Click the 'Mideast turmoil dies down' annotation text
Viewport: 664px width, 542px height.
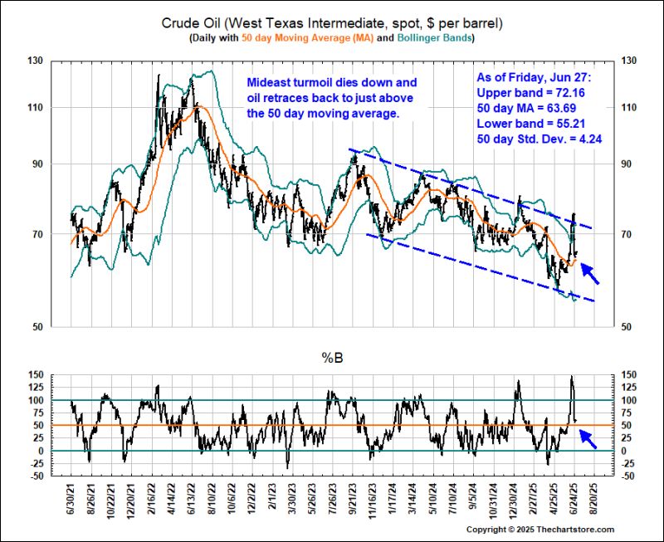(332, 83)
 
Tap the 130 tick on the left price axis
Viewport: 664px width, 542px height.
(35, 61)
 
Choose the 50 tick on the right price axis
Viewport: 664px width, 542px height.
(629, 326)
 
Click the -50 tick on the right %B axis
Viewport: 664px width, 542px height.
(631, 476)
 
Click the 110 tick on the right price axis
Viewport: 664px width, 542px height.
(632, 108)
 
